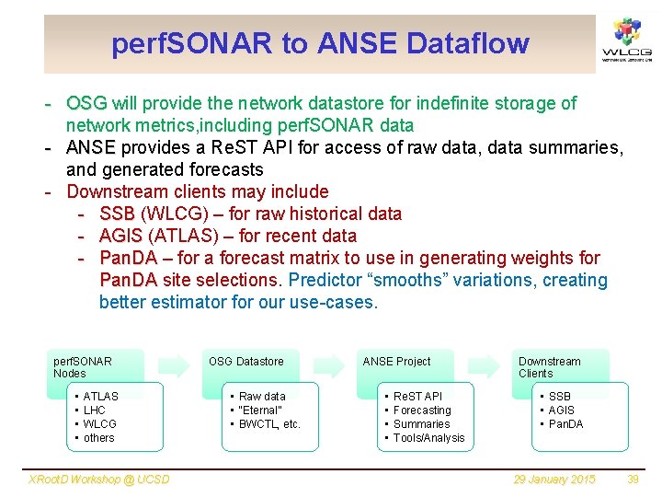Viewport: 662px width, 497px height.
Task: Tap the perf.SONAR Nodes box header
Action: [83, 366]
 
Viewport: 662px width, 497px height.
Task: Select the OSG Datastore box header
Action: [245, 362]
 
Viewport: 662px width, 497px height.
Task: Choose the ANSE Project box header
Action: [396, 362]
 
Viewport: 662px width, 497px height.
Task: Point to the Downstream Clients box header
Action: [550, 366]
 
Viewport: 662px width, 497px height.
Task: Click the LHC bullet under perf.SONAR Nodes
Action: [95, 410]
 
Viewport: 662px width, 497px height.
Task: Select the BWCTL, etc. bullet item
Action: [269, 424]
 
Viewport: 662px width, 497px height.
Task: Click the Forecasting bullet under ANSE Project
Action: [422, 410]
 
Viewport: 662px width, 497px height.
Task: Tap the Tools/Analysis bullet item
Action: [428, 438]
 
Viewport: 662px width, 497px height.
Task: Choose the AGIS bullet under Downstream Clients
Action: [561, 410]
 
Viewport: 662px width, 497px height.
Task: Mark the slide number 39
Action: [632, 480]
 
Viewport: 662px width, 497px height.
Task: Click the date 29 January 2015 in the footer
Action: [554, 480]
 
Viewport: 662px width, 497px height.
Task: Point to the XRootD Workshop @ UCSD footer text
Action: [99, 480]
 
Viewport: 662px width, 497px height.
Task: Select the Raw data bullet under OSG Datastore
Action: [262, 397]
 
